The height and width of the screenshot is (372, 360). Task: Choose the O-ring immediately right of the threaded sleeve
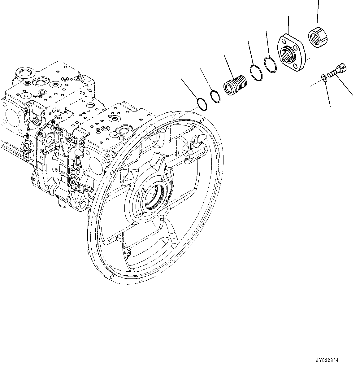click(256, 73)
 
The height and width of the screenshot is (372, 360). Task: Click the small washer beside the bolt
click(323, 77)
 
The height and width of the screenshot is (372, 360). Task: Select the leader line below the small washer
click(327, 94)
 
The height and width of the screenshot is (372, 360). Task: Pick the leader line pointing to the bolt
click(344, 85)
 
